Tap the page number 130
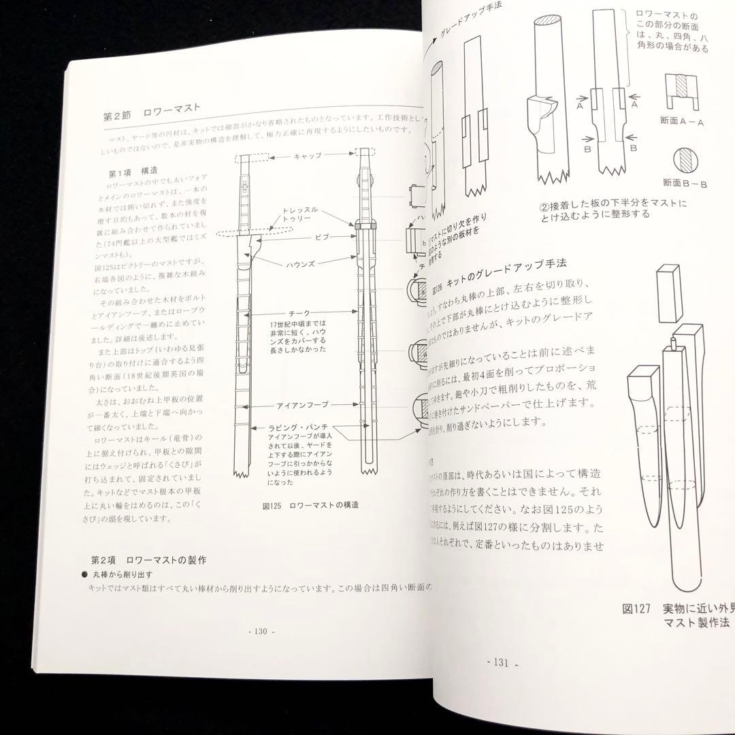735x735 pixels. pos(259,630)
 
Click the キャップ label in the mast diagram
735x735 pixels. pos(308,156)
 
